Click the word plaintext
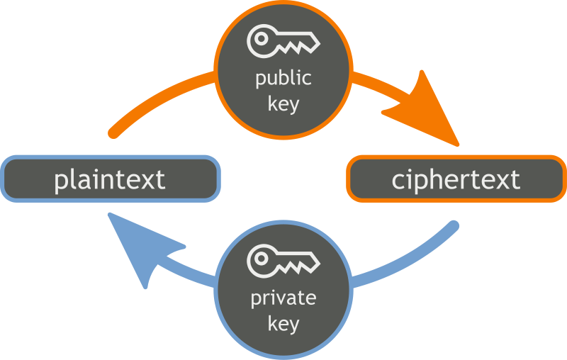pyautogui.click(x=110, y=179)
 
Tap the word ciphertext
pyautogui.click(x=456, y=179)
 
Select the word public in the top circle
pyautogui.click(x=283, y=77)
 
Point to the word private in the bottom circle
pyautogui.click(x=283, y=298)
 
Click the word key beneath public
pyautogui.click(x=283, y=103)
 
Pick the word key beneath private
pyautogui.click(x=283, y=325)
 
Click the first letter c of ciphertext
pyautogui.click(x=398, y=181)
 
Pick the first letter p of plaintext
pyautogui.click(x=62, y=182)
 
